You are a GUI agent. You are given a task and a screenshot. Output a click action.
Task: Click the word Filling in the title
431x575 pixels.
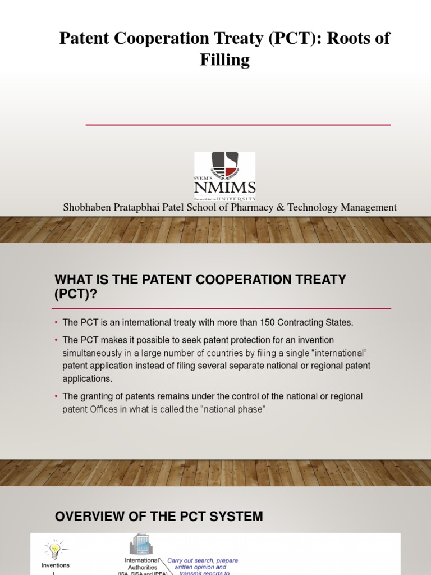click(x=224, y=60)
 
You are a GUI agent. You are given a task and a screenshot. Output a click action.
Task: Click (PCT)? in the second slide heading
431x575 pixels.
click(x=76, y=294)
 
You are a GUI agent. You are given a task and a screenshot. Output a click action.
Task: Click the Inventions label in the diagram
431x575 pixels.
click(x=55, y=565)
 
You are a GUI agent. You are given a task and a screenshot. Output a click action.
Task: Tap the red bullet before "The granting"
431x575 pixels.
click(x=57, y=396)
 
